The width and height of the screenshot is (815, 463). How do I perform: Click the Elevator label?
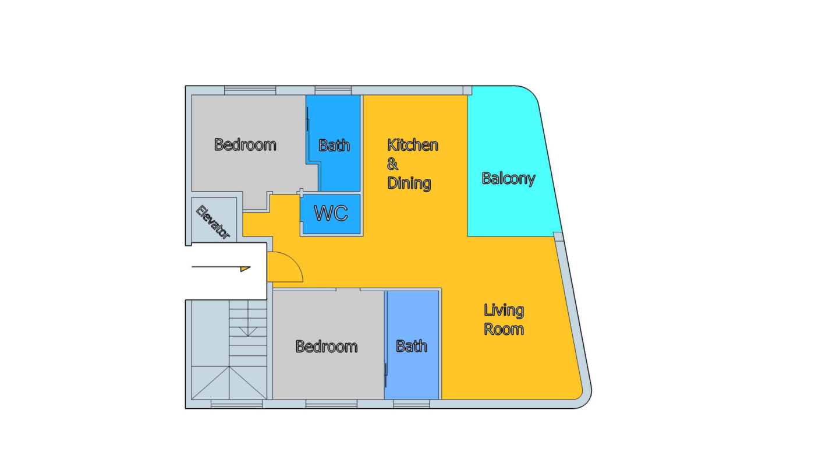(213, 222)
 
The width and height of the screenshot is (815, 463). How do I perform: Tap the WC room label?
(331, 213)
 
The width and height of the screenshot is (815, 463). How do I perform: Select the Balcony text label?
(508, 178)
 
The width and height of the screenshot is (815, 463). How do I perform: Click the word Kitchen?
(412, 145)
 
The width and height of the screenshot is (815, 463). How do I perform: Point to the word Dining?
(409, 183)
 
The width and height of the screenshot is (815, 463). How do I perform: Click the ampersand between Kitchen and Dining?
(392, 164)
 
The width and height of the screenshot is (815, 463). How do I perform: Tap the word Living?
(504, 311)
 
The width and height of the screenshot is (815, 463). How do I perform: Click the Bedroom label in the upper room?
(245, 144)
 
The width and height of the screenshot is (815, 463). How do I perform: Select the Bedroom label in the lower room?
(327, 346)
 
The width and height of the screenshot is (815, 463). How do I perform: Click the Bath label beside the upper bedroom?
(334, 145)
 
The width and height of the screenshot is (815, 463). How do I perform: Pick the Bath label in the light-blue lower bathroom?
(412, 346)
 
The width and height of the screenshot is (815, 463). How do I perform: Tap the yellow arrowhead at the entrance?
(245, 269)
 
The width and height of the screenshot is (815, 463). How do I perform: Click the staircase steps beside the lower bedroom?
(248, 333)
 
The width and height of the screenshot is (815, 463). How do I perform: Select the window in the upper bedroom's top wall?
(250, 90)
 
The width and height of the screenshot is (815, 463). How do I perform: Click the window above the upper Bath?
(333, 90)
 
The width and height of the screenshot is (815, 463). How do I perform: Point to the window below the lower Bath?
(412, 404)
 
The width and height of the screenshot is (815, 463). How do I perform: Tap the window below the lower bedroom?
(331, 404)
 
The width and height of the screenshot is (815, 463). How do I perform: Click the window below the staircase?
(236, 404)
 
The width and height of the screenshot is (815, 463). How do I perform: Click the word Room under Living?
(504, 330)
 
